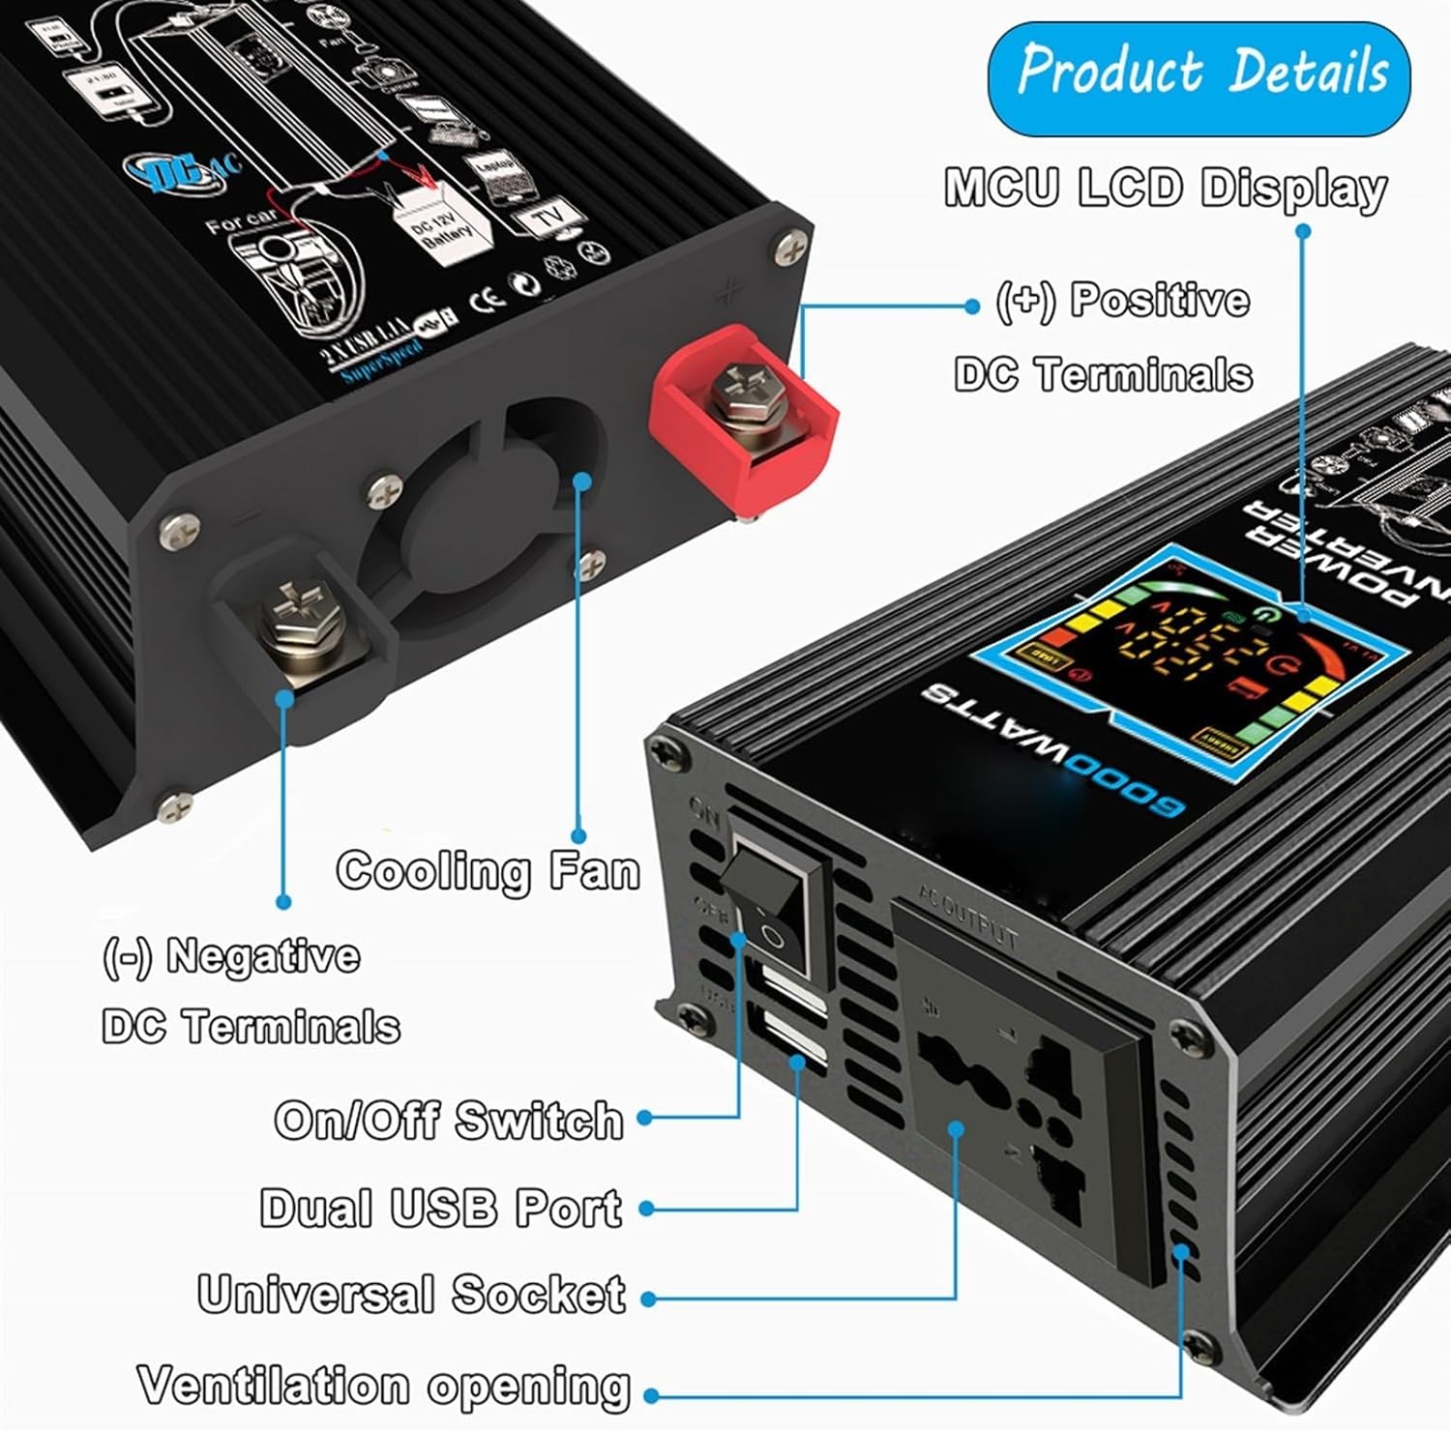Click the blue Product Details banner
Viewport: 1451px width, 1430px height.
pos(1199,78)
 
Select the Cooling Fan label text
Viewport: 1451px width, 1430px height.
pos(489,870)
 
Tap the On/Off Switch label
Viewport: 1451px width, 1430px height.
pos(449,1120)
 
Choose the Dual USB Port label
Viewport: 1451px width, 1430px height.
pos(441,1208)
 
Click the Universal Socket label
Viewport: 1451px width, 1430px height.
pos(412,1295)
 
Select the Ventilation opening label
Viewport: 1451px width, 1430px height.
pos(384,1386)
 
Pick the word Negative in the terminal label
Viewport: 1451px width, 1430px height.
pos(263,956)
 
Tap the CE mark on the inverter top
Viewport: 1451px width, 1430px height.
pos(487,300)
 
